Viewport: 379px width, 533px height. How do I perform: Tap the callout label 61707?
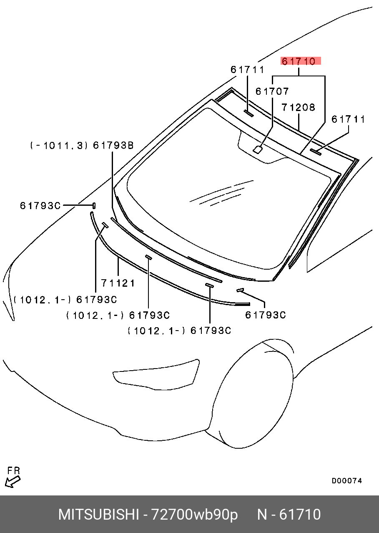coord(272,91)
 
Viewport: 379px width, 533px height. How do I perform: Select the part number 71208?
coord(298,108)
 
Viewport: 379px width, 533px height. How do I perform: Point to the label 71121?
coord(118,283)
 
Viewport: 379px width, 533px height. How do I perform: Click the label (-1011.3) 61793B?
coord(82,145)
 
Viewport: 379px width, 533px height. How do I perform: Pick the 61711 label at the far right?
coord(348,119)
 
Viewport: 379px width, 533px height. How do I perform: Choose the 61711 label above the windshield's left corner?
coord(247,70)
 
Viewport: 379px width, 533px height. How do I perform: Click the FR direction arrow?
coord(13,482)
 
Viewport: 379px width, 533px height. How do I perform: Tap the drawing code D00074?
coord(347,481)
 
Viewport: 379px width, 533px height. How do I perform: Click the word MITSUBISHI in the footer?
coord(99,515)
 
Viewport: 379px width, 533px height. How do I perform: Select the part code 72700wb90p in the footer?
coord(194,515)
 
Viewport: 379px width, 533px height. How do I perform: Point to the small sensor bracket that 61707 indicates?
coord(258,149)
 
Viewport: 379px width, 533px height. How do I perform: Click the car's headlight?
coord(156,374)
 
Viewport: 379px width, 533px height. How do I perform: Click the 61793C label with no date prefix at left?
coord(40,206)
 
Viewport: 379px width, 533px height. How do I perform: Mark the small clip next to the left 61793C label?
coord(94,205)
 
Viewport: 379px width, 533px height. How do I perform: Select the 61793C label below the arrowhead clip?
coord(265,315)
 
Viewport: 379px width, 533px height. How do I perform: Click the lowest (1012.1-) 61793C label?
coord(179,331)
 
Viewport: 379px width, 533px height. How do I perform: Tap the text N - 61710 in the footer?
coord(289,515)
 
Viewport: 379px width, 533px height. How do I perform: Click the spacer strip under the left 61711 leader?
coord(248,113)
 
